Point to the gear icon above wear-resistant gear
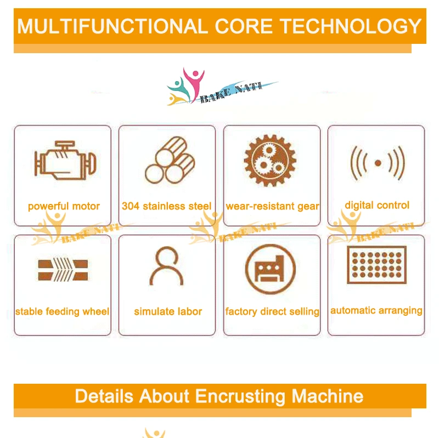(270, 160)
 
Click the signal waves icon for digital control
(377, 163)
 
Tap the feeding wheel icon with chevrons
(63, 269)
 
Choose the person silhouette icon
(167, 267)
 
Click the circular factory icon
(270, 269)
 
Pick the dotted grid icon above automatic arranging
(376, 265)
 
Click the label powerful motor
(64, 207)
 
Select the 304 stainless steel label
(166, 207)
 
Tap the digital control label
(377, 206)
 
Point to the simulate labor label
(168, 311)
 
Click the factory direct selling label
(272, 311)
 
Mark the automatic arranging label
(376, 310)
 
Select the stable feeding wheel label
(62, 311)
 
